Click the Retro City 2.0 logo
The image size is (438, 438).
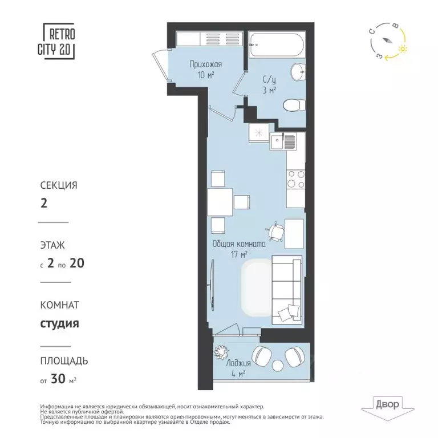click(59, 41)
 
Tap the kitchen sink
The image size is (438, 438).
click(283, 141)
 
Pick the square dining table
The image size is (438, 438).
click(220, 202)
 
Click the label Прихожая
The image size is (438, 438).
click(205, 65)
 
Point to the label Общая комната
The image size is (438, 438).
click(238, 244)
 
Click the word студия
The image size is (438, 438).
click(59, 325)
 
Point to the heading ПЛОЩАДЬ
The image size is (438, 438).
click(64, 361)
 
